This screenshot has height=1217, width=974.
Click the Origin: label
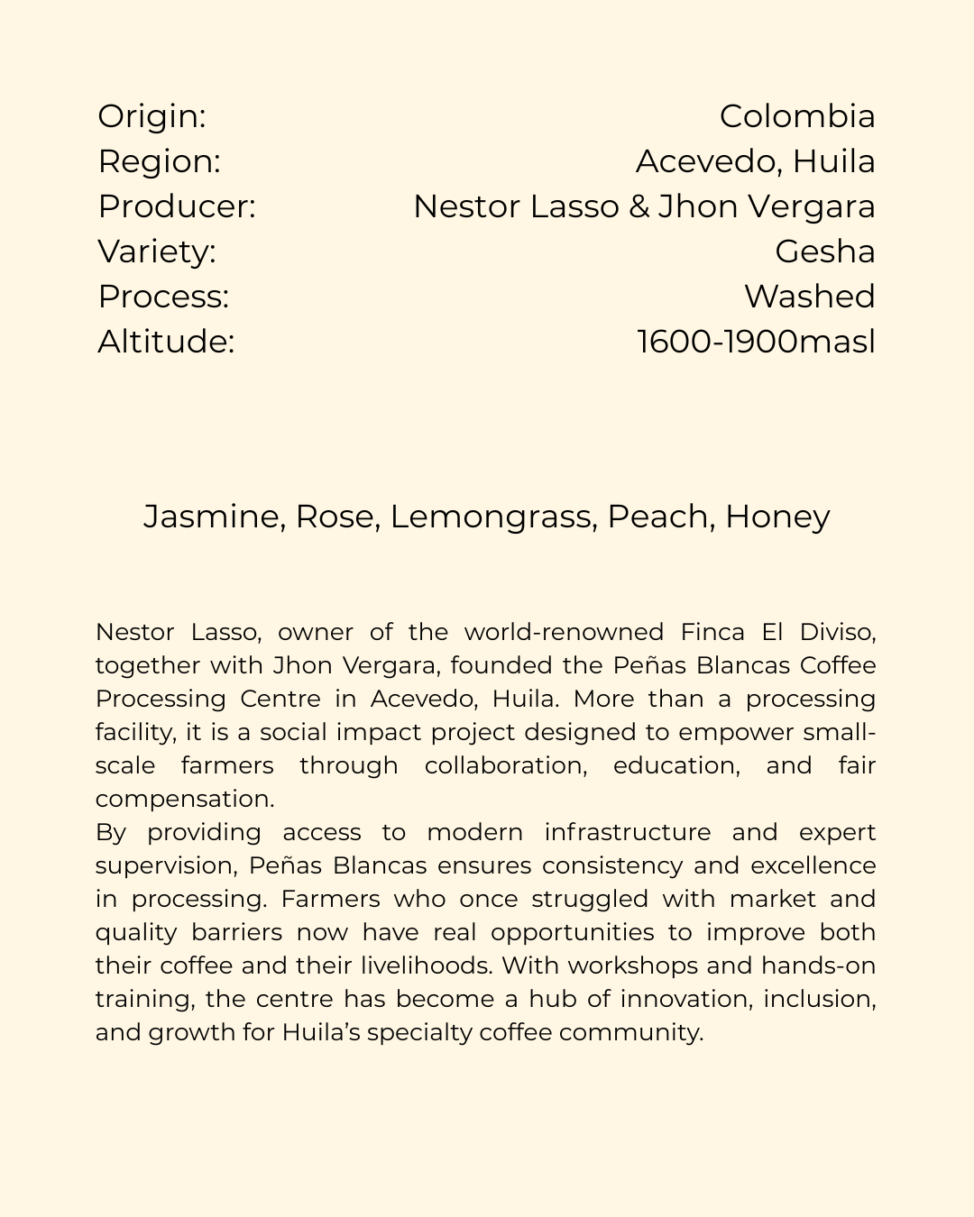coord(152,116)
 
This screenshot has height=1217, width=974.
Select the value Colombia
coord(797,116)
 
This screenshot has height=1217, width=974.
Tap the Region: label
coord(159,161)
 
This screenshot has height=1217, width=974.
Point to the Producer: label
coord(177,206)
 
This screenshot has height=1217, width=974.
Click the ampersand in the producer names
coord(639,206)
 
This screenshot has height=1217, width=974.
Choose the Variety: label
coord(157,252)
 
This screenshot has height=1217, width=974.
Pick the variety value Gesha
coord(824,252)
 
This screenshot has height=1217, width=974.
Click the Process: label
coord(163,297)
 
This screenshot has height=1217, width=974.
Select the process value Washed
coord(809,297)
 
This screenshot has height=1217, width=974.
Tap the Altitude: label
coord(166,342)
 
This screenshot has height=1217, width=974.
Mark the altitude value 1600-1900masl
coord(756,342)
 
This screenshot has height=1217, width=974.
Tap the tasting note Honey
coord(777,517)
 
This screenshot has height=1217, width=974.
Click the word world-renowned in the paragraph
coord(564,632)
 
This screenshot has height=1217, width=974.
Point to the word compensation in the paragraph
coord(184,800)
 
